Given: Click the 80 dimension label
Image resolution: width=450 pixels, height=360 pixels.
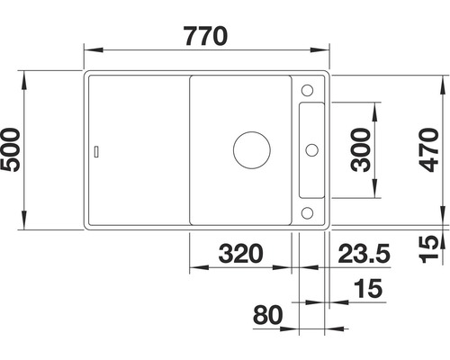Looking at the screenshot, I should (267, 316).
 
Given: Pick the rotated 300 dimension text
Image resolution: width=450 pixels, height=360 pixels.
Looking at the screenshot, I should (358, 151).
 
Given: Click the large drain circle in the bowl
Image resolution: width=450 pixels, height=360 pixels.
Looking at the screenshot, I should (248, 150).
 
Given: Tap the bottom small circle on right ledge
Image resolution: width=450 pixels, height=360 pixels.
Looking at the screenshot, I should (307, 212).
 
